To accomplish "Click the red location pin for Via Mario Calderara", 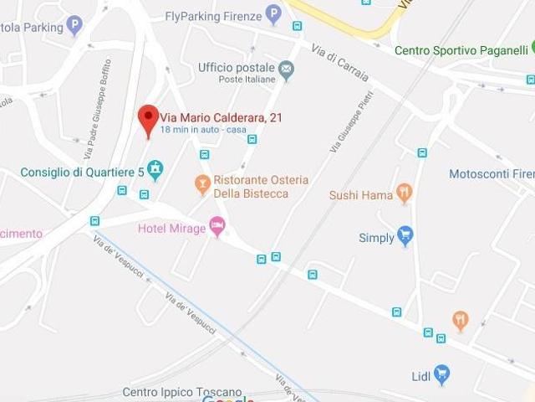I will [x=148, y=118].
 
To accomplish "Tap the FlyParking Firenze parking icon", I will [x=273, y=14].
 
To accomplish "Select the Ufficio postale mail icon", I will [x=287, y=70].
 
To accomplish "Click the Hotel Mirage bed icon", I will [x=217, y=225].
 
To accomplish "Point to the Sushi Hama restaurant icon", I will [x=405, y=193].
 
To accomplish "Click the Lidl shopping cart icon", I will [x=442, y=374].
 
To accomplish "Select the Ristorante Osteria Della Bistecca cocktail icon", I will [x=202, y=183].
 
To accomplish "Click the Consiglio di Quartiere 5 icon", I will [x=155, y=170].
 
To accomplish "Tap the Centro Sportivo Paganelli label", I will [x=460, y=50].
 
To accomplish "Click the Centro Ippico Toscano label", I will [x=182, y=392].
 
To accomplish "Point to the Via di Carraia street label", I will [x=340, y=64].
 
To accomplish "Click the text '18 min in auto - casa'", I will [x=202, y=130].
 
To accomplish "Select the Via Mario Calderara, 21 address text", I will [x=221, y=117].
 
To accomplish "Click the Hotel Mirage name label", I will [x=171, y=229].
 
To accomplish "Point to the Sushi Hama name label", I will [x=361, y=195].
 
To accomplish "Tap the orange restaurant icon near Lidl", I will [x=460, y=319].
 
